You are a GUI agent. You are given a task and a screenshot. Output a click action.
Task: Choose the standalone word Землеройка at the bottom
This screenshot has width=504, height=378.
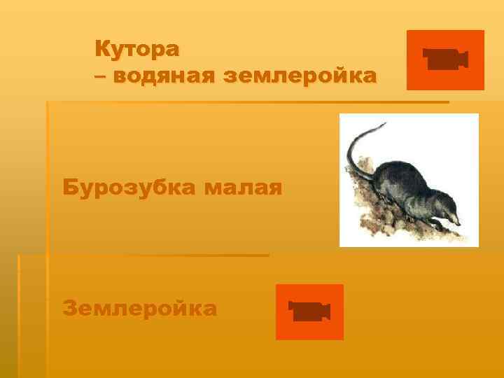point(139,308)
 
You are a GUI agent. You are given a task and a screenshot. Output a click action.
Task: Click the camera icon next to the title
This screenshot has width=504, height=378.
point(445,60)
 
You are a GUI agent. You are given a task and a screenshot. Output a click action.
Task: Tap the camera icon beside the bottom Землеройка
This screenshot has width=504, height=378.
point(309,312)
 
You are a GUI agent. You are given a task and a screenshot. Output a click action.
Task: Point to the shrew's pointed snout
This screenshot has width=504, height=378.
point(457,221)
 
